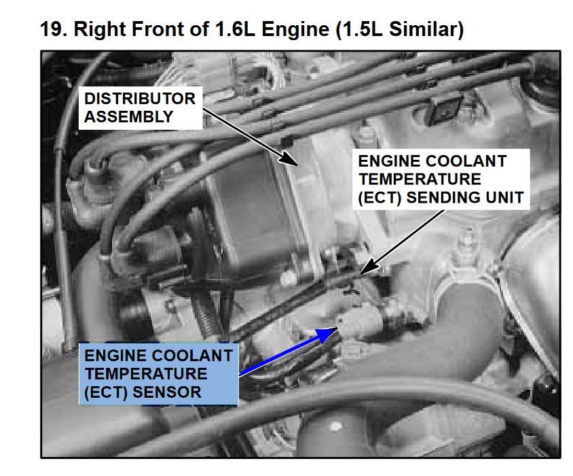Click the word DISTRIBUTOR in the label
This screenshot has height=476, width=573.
click(x=140, y=99)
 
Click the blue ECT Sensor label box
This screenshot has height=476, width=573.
click(x=159, y=374)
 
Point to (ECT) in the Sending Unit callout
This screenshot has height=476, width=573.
click(x=381, y=198)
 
